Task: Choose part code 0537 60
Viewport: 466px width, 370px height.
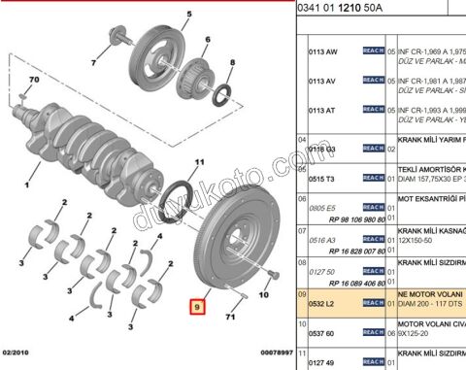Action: coord(321,332)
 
